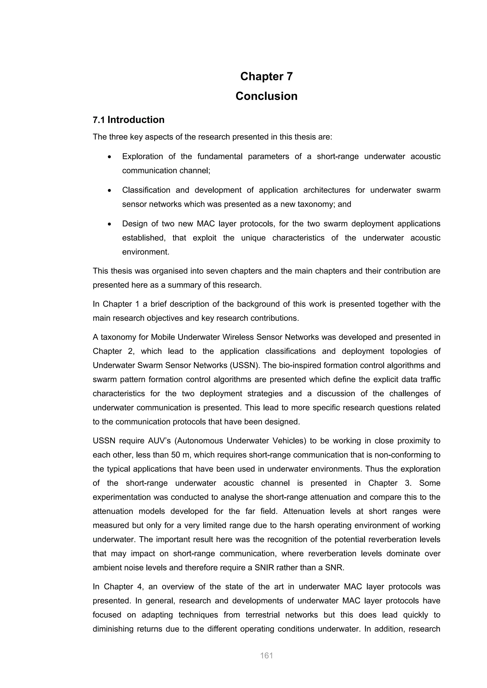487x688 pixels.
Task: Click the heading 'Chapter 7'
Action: [266, 76]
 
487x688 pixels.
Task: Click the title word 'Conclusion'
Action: [266, 96]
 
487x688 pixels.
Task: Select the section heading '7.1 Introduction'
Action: [128, 120]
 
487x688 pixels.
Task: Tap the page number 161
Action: [266, 656]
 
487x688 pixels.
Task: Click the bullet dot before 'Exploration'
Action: [110, 157]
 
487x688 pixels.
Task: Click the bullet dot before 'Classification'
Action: [110, 191]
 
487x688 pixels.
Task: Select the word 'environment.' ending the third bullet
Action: [146, 252]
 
